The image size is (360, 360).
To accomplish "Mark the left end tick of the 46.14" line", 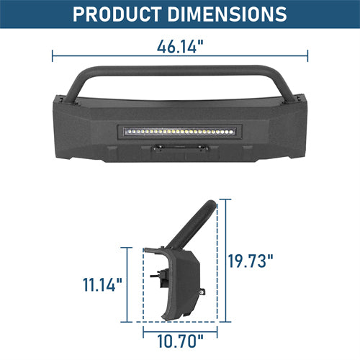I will (53, 55).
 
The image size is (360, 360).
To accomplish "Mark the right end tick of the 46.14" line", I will (307, 55).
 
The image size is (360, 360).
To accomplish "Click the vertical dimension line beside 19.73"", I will (226, 259).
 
